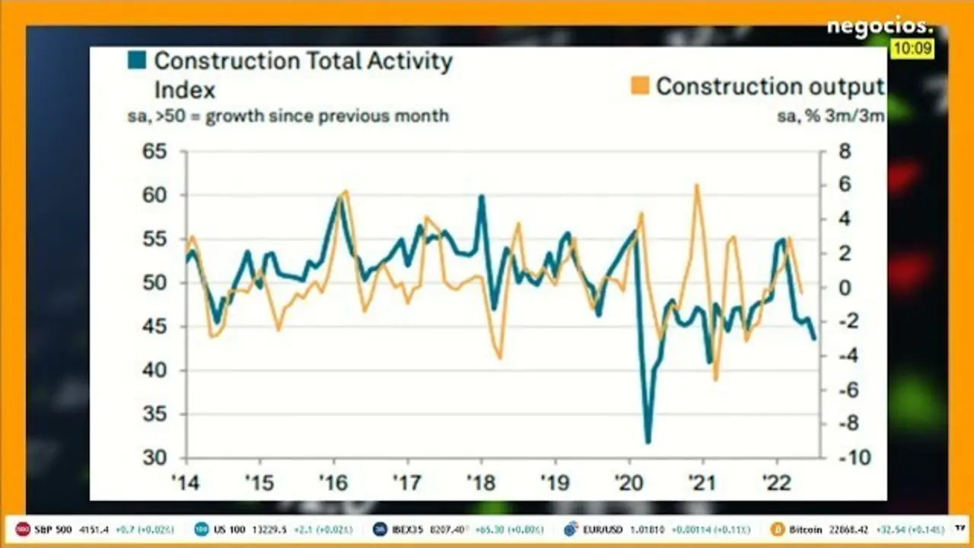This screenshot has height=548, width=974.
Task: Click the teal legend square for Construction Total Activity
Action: tap(137, 60)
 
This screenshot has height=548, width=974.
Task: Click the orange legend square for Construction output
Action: tap(640, 86)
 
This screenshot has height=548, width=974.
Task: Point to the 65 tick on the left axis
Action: tap(154, 151)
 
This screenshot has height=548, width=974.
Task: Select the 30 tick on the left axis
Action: tap(154, 458)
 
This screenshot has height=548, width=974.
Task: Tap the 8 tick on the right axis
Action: tap(844, 151)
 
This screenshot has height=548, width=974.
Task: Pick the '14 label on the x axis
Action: tap(185, 485)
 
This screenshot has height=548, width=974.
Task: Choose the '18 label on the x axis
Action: tap(481, 485)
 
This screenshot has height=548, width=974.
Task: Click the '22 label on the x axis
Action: tap(777, 485)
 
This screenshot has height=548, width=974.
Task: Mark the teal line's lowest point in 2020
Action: tap(648, 442)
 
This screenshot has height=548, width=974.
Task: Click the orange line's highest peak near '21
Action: tap(696, 185)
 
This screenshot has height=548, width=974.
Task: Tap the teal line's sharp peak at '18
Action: tap(482, 196)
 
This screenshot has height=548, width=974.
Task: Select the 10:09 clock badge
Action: tap(912, 49)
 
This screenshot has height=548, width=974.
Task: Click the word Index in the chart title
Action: tap(185, 89)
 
